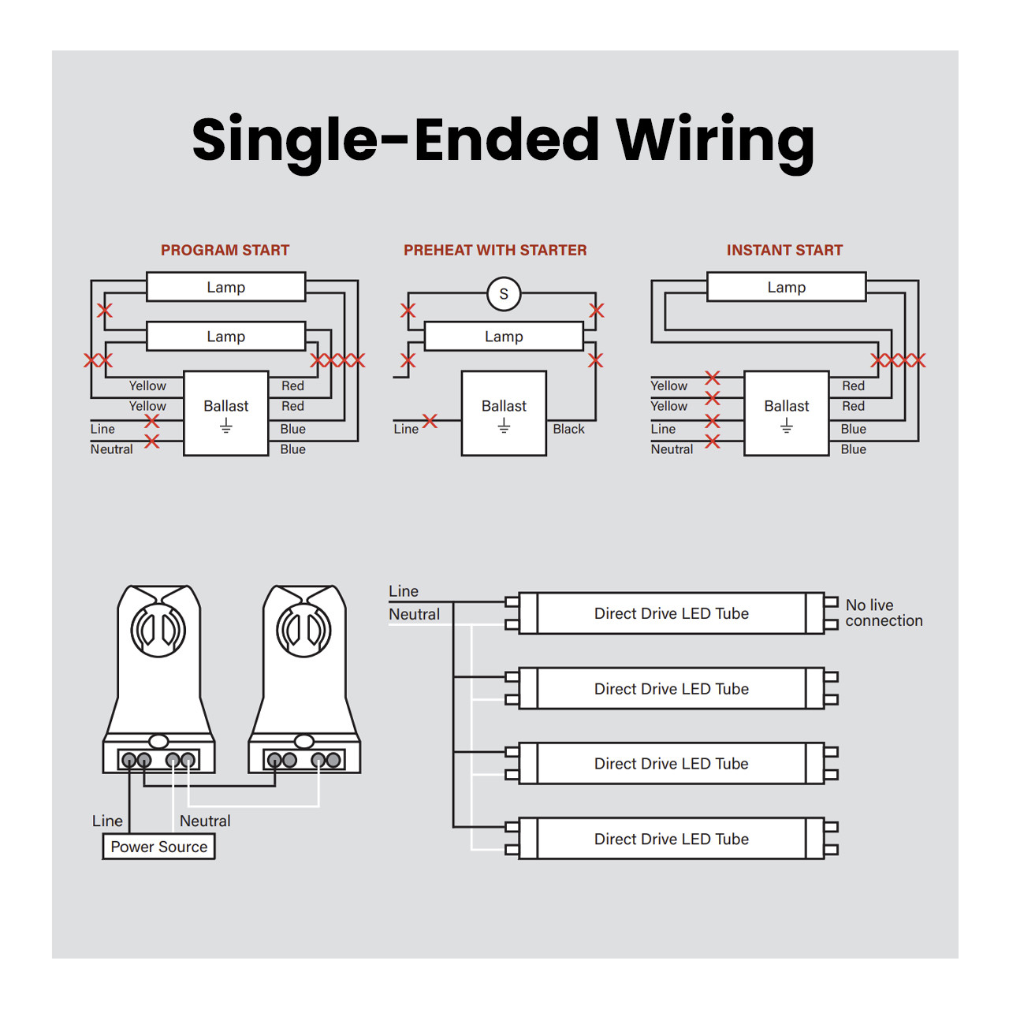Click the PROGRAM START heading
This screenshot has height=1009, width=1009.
[225, 250]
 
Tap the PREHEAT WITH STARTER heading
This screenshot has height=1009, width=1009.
[495, 250]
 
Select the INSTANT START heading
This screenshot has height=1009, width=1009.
[784, 250]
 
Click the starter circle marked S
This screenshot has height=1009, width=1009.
[504, 294]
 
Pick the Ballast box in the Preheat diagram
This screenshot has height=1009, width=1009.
[504, 413]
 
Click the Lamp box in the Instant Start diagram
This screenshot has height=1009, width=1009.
[787, 286]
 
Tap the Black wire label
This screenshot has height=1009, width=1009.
[568, 429]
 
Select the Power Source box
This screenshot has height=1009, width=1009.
[158, 847]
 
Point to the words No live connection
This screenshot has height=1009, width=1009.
[884, 612]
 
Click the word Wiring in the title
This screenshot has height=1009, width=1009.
[715, 141]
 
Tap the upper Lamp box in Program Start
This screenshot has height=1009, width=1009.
[225, 286]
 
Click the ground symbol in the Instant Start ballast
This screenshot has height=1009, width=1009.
[787, 425]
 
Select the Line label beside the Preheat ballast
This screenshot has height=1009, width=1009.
[406, 429]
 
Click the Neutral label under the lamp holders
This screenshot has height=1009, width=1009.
[205, 821]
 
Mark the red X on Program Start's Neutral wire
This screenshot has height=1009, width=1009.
[152, 441]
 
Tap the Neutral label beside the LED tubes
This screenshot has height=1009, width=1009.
[414, 614]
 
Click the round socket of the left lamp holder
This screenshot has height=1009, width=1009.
[158, 630]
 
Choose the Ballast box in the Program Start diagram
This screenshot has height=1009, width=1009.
[225, 413]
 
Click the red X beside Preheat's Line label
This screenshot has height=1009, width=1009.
[430, 420]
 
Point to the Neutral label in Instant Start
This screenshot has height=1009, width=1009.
[672, 449]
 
